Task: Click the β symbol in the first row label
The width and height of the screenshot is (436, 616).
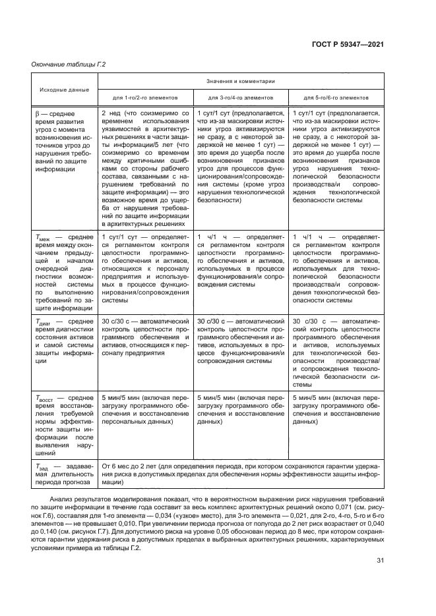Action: click(x=38, y=114)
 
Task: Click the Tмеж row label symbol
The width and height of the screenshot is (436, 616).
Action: click(x=42, y=236)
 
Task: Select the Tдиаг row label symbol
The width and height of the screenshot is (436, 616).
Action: click(x=44, y=322)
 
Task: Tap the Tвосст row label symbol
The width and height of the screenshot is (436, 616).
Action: click(x=45, y=399)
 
